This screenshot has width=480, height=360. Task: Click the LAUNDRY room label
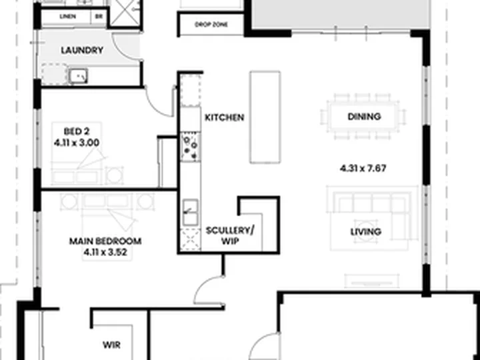[82, 50]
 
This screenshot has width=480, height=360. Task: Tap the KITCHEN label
[225, 117]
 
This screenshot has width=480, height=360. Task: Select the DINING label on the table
[364, 116]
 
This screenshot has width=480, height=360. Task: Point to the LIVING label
[366, 232]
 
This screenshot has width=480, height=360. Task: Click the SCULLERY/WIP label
[230, 236]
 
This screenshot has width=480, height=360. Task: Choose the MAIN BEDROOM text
[105, 241]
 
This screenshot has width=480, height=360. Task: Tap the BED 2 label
[77, 131]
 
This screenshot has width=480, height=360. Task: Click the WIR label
[112, 345]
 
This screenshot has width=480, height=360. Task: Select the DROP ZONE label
[211, 25]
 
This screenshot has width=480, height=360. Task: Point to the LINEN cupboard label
[67, 17]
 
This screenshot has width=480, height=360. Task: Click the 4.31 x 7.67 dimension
[363, 169]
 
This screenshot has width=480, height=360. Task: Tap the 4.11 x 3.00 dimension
[77, 143]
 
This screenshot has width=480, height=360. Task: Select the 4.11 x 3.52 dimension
[105, 252]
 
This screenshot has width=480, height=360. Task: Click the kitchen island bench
[265, 117]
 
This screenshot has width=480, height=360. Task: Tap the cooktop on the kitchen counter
[190, 147]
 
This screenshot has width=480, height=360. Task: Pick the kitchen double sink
[191, 213]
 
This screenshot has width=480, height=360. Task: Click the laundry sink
[79, 76]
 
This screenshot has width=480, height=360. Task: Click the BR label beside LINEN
[99, 17]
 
